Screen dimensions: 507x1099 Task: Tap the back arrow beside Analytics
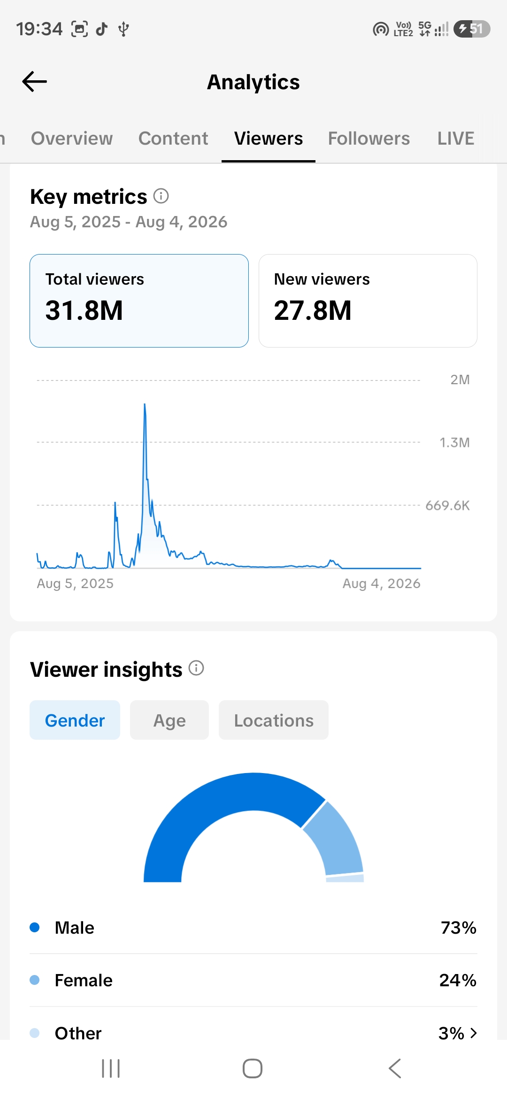tap(34, 82)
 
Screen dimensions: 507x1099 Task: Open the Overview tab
tap(72, 139)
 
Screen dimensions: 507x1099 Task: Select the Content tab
tap(173, 139)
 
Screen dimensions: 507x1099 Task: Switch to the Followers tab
tap(369, 139)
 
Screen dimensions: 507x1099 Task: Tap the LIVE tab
tap(456, 139)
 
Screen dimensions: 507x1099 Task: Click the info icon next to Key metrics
tap(161, 196)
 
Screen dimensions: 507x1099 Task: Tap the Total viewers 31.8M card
tap(139, 301)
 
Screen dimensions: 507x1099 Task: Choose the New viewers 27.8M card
tap(368, 301)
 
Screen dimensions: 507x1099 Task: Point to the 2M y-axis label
tap(460, 379)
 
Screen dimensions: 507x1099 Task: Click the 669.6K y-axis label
tap(447, 505)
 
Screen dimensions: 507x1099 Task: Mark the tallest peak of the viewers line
tap(145, 404)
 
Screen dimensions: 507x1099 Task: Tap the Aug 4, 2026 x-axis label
tap(382, 583)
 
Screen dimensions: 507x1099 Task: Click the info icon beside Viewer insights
tap(196, 668)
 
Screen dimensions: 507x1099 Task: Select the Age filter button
tap(169, 720)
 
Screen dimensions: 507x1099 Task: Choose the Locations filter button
tap(274, 720)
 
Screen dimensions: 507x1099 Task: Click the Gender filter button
tap(75, 720)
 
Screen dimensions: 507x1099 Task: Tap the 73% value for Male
tap(459, 928)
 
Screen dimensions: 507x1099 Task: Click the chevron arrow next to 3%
tap(474, 1033)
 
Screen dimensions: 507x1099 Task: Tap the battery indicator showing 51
tap(472, 29)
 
